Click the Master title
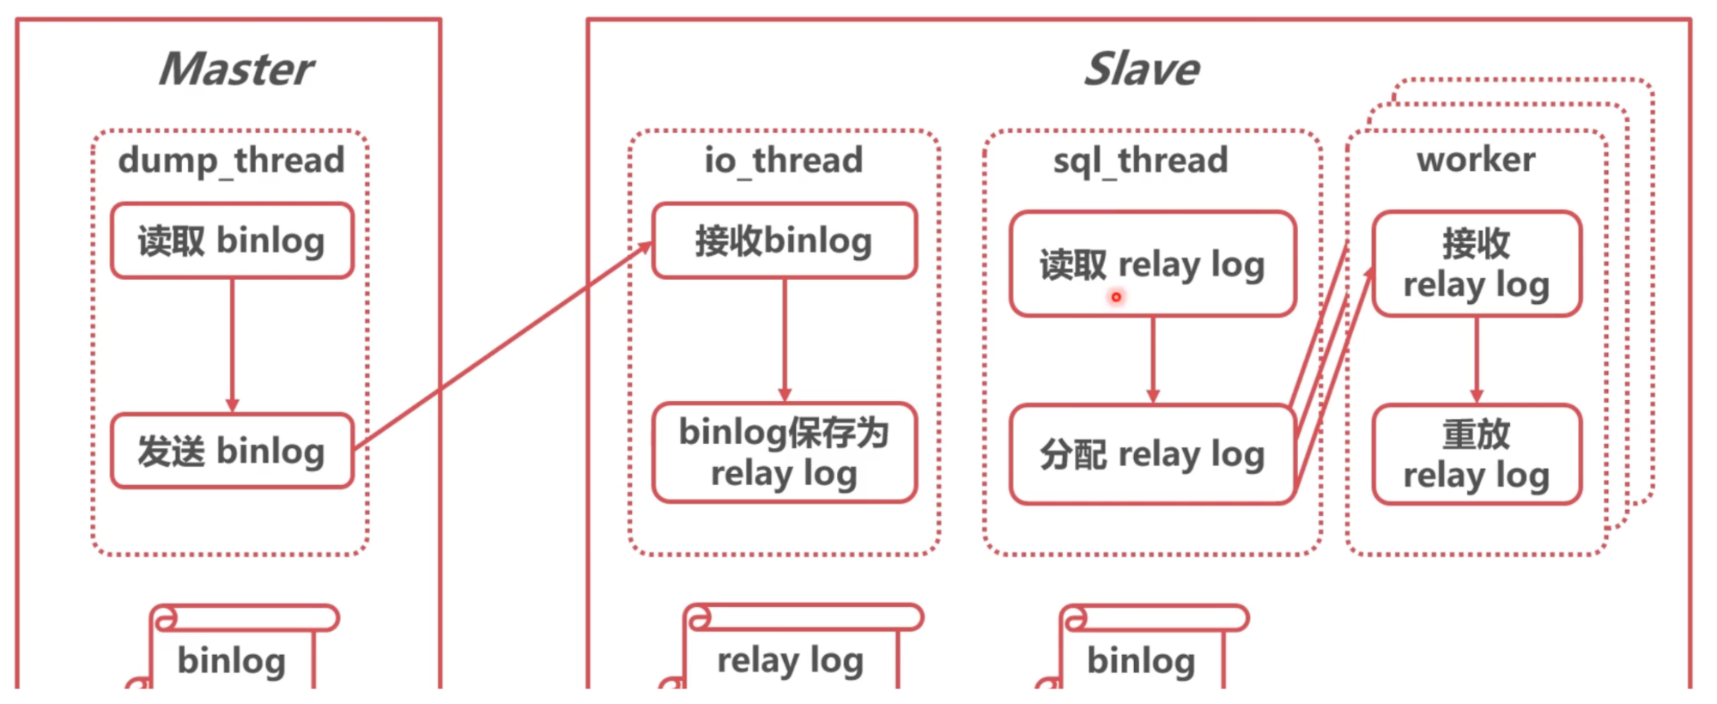236,69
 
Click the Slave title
1141,69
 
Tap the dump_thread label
231,161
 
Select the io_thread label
784,161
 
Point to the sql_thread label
1141,161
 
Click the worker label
1476,160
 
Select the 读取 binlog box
232,240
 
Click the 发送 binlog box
232,451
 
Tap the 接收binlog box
784,240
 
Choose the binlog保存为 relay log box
784,452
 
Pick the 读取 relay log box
1153,264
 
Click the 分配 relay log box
1153,454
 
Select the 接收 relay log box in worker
1477,264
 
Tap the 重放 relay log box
1477,454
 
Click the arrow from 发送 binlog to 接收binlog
503,345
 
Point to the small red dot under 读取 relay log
1116,297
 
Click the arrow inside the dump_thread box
232,345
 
